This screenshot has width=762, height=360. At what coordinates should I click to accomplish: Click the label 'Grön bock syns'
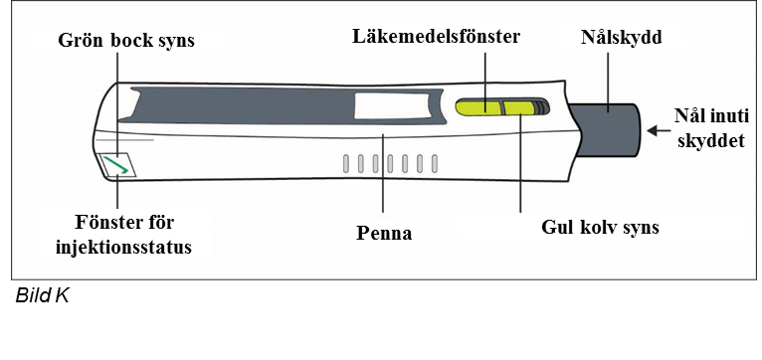pyautogui.click(x=126, y=40)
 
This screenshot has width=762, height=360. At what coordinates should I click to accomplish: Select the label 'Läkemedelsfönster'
pyautogui.click(x=437, y=37)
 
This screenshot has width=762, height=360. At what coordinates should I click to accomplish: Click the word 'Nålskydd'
pyautogui.click(x=622, y=38)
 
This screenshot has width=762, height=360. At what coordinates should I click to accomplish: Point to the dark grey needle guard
pyautogui.click(x=606, y=129)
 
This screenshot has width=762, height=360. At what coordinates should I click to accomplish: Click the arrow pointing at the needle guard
pyautogui.click(x=658, y=130)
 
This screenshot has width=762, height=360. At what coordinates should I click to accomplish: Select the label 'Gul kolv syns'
pyautogui.click(x=600, y=227)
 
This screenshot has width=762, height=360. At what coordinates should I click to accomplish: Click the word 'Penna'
pyautogui.click(x=384, y=233)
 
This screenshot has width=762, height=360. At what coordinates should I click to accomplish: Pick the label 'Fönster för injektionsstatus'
pyautogui.click(x=124, y=235)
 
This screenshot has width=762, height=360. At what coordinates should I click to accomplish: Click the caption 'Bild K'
pyautogui.click(x=43, y=295)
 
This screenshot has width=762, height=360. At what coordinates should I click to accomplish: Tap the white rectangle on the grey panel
pyautogui.click(x=392, y=105)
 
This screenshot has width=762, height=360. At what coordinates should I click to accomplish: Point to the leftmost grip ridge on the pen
pyautogui.click(x=345, y=164)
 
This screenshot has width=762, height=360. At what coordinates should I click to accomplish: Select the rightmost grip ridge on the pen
pyautogui.click(x=435, y=164)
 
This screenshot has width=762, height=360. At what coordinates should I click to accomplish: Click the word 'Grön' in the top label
pyautogui.click(x=81, y=40)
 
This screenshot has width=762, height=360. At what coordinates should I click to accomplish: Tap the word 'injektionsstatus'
pyautogui.click(x=124, y=247)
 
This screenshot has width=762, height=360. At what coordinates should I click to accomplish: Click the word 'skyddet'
pyautogui.click(x=713, y=140)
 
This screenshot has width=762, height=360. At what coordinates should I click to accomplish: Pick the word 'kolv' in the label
pyautogui.click(x=598, y=227)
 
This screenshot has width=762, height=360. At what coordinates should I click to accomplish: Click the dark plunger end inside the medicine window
pyautogui.click(x=542, y=106)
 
